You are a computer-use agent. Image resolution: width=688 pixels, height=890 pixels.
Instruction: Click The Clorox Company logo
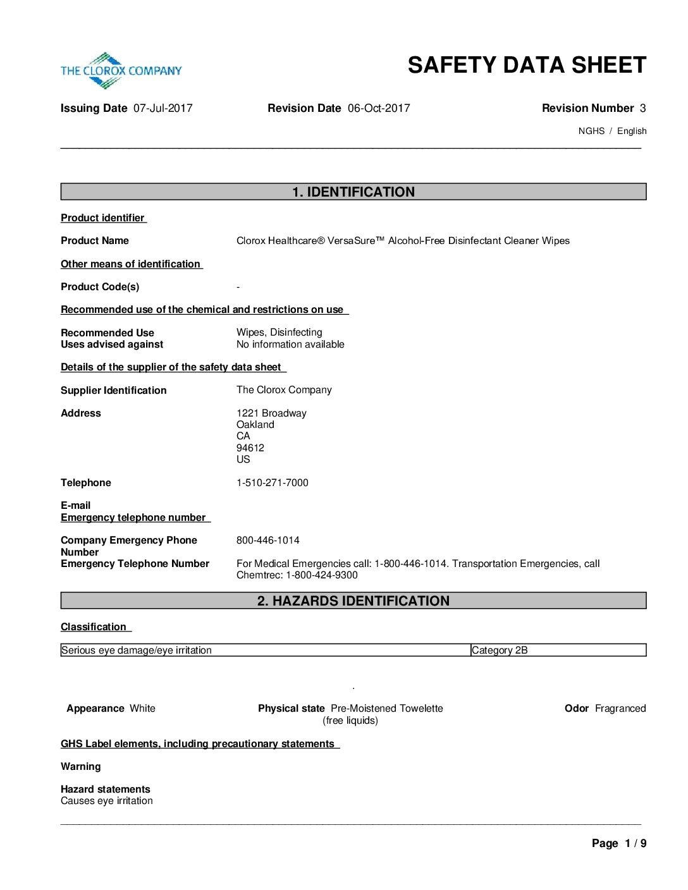(x=121, y=70)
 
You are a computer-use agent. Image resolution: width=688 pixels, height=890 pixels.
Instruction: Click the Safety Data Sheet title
(x=527, y=65)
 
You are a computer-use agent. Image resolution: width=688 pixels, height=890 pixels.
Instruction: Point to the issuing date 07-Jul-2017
(x=163, y=108)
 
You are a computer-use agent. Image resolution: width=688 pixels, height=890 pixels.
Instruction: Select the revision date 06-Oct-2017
(x=379, y=108)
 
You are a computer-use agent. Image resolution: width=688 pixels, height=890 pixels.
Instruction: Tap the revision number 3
(x=642, y=108)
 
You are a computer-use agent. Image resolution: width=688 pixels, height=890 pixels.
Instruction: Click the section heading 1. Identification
(x=353, y=192)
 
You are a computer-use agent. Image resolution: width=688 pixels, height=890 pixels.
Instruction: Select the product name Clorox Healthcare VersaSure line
(x=403, y=241)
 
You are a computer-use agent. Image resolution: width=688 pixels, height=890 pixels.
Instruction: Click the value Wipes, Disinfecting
(x=279, y=332)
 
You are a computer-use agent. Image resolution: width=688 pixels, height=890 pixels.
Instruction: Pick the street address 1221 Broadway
(x=271, y=413)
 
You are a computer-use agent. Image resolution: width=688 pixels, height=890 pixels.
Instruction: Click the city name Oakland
(x=255, y=425)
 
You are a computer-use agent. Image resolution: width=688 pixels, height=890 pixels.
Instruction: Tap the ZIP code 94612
(x=250, y=448)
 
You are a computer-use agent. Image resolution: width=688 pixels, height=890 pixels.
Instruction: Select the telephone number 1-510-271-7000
(x=273, y=483)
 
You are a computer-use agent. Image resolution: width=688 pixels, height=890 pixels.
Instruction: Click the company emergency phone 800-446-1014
(x=268, y=540)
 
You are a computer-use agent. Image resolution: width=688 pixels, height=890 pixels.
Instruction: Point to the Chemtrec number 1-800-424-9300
(x=322, y=575)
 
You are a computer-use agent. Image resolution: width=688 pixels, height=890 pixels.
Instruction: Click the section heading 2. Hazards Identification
(x=353, y=601)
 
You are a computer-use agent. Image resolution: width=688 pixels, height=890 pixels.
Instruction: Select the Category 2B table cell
(x=500, y=650)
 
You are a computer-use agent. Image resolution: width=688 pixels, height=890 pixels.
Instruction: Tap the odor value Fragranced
(x=620, y=709)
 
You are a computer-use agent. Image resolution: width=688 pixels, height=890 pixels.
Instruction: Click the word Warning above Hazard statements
(x=81, y=767)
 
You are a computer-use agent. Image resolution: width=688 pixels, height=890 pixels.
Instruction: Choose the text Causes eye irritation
(x=107, y=801)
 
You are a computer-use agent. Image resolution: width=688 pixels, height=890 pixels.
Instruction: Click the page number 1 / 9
(x=636, y=843)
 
